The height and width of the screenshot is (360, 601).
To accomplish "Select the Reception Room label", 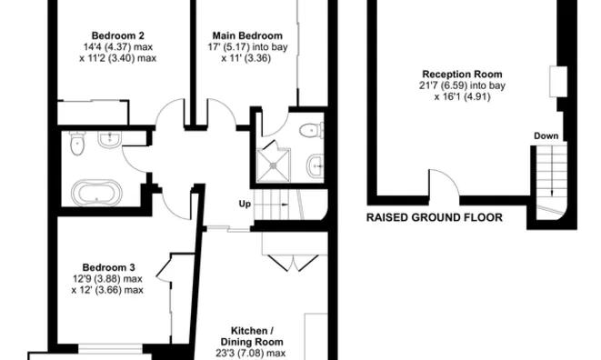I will point(463,75).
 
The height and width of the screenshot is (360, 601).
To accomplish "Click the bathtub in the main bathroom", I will point(95,192).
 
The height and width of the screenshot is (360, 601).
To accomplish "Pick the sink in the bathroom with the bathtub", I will point(110,139).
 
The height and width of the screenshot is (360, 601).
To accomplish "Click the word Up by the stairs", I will point(245,204).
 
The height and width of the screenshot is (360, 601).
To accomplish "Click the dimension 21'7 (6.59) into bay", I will point(463,87).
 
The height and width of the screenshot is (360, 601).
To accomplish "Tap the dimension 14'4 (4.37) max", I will point(107,45).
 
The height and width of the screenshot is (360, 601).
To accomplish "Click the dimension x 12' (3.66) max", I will point(107,290).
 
